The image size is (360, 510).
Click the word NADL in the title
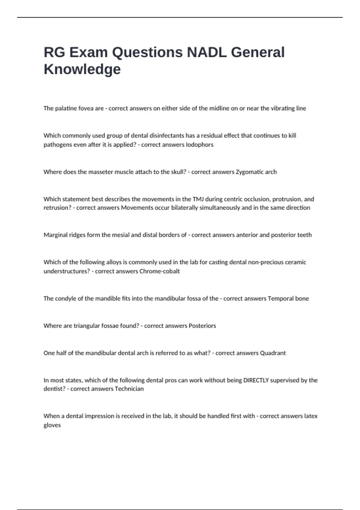tap(206, 52)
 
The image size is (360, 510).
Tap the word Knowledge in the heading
tap(82, 69)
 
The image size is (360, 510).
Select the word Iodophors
tap(199, 145)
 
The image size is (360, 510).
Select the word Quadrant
tap(273, 353)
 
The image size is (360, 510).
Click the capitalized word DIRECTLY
tap(256, 380)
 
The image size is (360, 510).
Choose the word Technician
tap(129, 389)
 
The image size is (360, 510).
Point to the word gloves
tap(52, 425)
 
